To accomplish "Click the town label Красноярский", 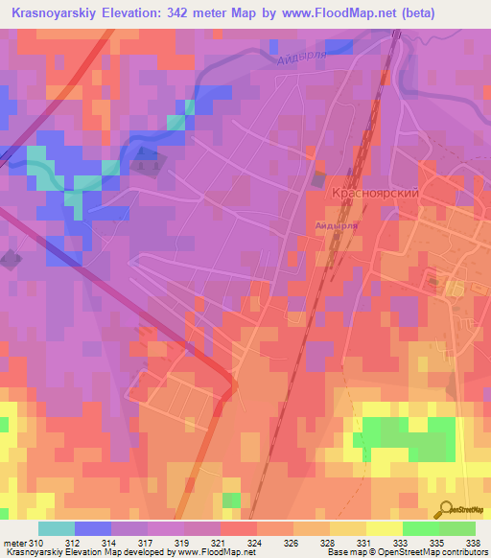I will [x=375, y=193].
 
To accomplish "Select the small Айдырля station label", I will [x=337, y=225].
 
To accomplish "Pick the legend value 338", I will [x=474, y=542].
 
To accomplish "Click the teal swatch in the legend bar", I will [x=57, y=528].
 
